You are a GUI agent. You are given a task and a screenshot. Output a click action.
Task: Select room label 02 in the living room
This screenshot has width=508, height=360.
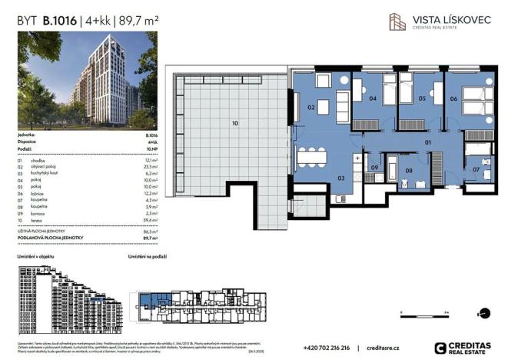[312, 108]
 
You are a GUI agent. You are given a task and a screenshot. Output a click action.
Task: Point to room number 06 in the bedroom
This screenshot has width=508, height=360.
[453, 99]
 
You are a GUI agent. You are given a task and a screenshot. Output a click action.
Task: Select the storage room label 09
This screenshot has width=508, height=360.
[374, 168]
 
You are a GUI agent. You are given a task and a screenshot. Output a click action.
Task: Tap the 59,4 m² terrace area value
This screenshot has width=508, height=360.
[150, 219]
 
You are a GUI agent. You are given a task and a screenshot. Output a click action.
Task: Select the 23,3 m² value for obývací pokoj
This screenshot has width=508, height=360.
[150, 166]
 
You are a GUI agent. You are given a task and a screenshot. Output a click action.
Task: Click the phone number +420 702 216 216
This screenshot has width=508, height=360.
[327, 348]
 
